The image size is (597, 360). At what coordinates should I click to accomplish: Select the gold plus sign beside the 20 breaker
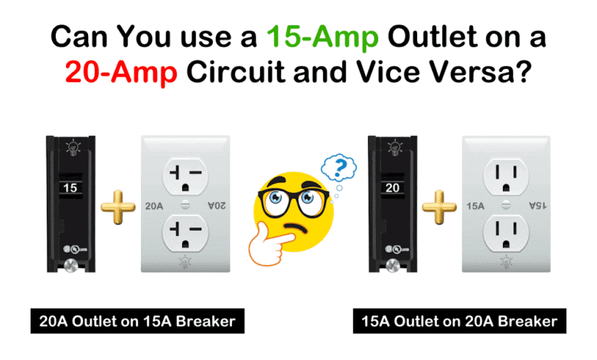coord(439,206)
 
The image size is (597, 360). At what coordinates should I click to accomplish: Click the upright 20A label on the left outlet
coord(155,205)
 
